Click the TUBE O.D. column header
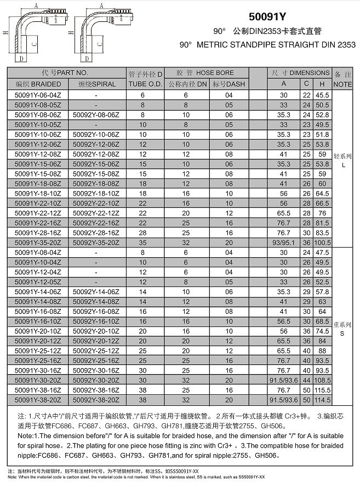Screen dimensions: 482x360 145,84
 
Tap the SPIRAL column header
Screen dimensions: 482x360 97,84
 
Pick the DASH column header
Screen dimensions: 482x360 228,84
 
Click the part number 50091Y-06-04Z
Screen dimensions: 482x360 38,95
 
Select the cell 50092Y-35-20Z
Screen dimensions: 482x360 96,242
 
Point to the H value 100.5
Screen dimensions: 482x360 322,242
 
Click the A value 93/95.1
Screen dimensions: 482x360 283,242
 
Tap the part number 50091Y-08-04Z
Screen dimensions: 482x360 38,253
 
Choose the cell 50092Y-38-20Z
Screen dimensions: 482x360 96,400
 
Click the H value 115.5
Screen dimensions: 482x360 322,390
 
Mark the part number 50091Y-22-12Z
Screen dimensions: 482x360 38,213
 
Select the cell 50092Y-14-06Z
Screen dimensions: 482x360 96,292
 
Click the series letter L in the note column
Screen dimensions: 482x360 343,164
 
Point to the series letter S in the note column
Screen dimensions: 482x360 343,332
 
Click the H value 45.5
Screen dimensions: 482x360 322,95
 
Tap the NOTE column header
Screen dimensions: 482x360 343,84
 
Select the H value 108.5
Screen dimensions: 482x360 322,380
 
